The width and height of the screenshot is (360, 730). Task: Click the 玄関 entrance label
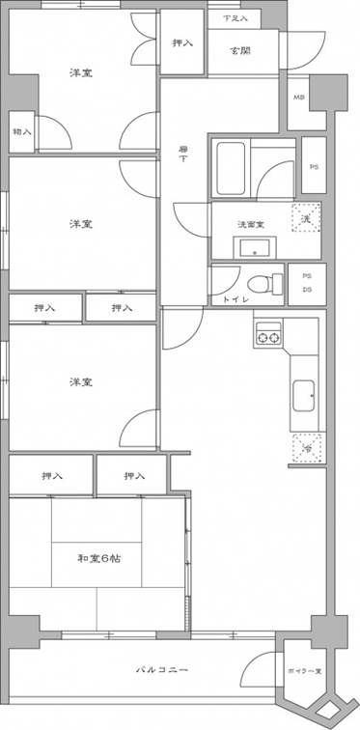[x=240, y=50]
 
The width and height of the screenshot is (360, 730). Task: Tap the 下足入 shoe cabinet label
[x=235, y=18]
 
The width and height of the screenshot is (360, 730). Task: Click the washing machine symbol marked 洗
[x=307, y=219]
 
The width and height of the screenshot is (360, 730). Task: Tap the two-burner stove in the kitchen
[x=267, y=336]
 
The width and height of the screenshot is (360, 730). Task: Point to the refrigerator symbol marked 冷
[x=306, y=446]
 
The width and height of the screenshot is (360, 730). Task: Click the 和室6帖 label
[x=96, y=557]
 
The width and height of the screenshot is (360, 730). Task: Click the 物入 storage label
[x=21, y=131]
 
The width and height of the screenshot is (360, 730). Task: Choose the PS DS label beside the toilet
[x=306, y=282]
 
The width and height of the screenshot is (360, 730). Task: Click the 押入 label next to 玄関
[x=181, y=43]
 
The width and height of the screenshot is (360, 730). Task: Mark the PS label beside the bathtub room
[x=314, y=165]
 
